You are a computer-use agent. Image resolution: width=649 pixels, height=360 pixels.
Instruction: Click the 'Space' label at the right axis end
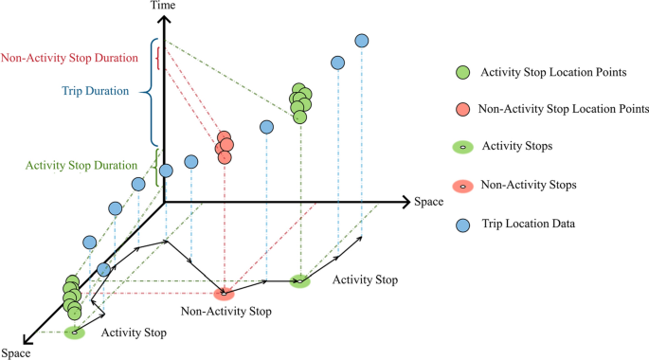click(x=428, y=202)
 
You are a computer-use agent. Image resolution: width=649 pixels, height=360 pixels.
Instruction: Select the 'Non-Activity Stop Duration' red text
click(x=70, y=58)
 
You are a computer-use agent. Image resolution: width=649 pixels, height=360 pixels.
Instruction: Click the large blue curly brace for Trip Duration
click(x=147, y=92)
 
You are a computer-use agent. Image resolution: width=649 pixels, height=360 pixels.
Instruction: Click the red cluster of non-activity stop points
click(x=224, y=146)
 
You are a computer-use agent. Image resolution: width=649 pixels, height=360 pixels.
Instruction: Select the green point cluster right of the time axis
click(x=300, y=100)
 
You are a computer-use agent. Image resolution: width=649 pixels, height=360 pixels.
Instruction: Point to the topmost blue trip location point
click(x=361, y=41)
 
